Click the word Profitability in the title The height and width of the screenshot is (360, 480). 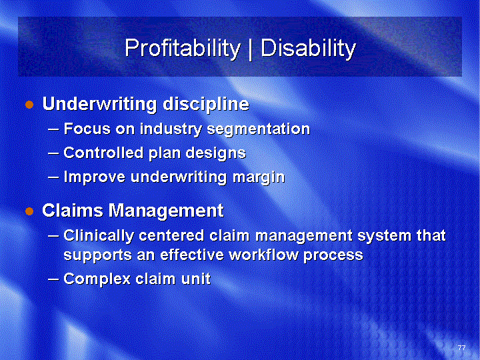183,49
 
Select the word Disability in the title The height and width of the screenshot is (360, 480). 308,49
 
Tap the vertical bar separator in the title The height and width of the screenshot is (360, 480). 251,49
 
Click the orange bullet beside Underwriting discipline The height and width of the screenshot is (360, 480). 29,105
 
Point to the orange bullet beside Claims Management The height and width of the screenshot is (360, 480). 29,211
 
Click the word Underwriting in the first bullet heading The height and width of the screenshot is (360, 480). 100,104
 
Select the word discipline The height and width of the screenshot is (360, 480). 206,105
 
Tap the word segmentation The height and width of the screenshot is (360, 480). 259,129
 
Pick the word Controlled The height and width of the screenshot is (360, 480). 103,153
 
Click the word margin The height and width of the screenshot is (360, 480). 259,177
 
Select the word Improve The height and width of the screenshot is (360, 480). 94,177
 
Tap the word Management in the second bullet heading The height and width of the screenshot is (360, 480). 166,211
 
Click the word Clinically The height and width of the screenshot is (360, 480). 99,236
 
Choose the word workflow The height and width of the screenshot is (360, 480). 263,255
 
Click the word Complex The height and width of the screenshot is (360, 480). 97,279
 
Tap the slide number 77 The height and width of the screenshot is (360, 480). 461,348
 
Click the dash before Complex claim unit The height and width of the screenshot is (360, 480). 53,279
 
